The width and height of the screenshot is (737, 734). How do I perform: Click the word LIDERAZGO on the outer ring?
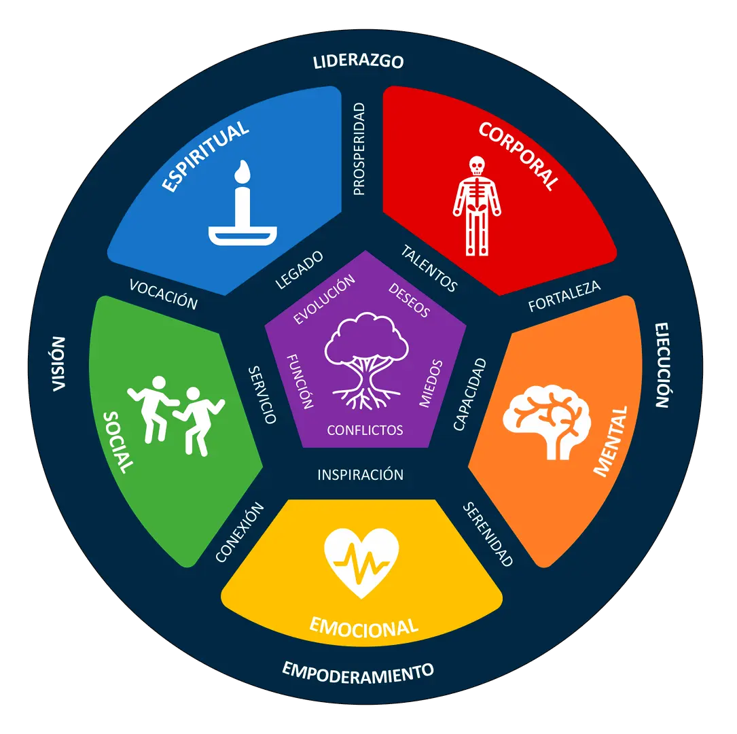coord(358,62)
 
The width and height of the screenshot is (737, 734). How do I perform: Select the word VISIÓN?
coord(58,364)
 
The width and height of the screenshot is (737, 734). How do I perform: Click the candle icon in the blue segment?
coord(242,203)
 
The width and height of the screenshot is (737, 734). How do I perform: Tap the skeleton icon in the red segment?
coord(477,206)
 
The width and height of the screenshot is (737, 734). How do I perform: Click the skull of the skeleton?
coord(477,166)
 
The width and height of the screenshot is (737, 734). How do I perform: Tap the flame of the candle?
coord(242,171)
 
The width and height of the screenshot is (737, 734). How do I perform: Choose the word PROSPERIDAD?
coord(359,149)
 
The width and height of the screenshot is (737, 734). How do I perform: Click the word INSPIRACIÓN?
coord(361,474)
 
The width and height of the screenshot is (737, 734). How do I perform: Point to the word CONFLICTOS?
coord(365,430)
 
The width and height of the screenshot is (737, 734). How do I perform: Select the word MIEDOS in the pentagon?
coord(431,383)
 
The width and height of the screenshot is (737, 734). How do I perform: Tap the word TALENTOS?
coord(429,268)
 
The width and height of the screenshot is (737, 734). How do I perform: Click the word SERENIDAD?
coord(488,534)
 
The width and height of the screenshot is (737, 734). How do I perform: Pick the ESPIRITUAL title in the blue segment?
coord(205,156)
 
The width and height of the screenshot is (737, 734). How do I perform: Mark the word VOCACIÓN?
coord(164,294)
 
